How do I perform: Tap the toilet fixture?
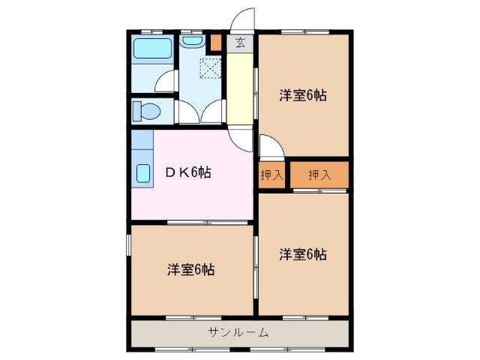click(148, 112)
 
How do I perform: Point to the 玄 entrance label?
click(240, 43)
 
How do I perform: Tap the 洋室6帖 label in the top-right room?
click(304, 96)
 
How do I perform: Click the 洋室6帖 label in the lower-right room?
click(304, 253)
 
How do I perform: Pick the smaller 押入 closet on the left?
click(271, 175)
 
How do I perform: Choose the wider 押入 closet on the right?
click(320, 175)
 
